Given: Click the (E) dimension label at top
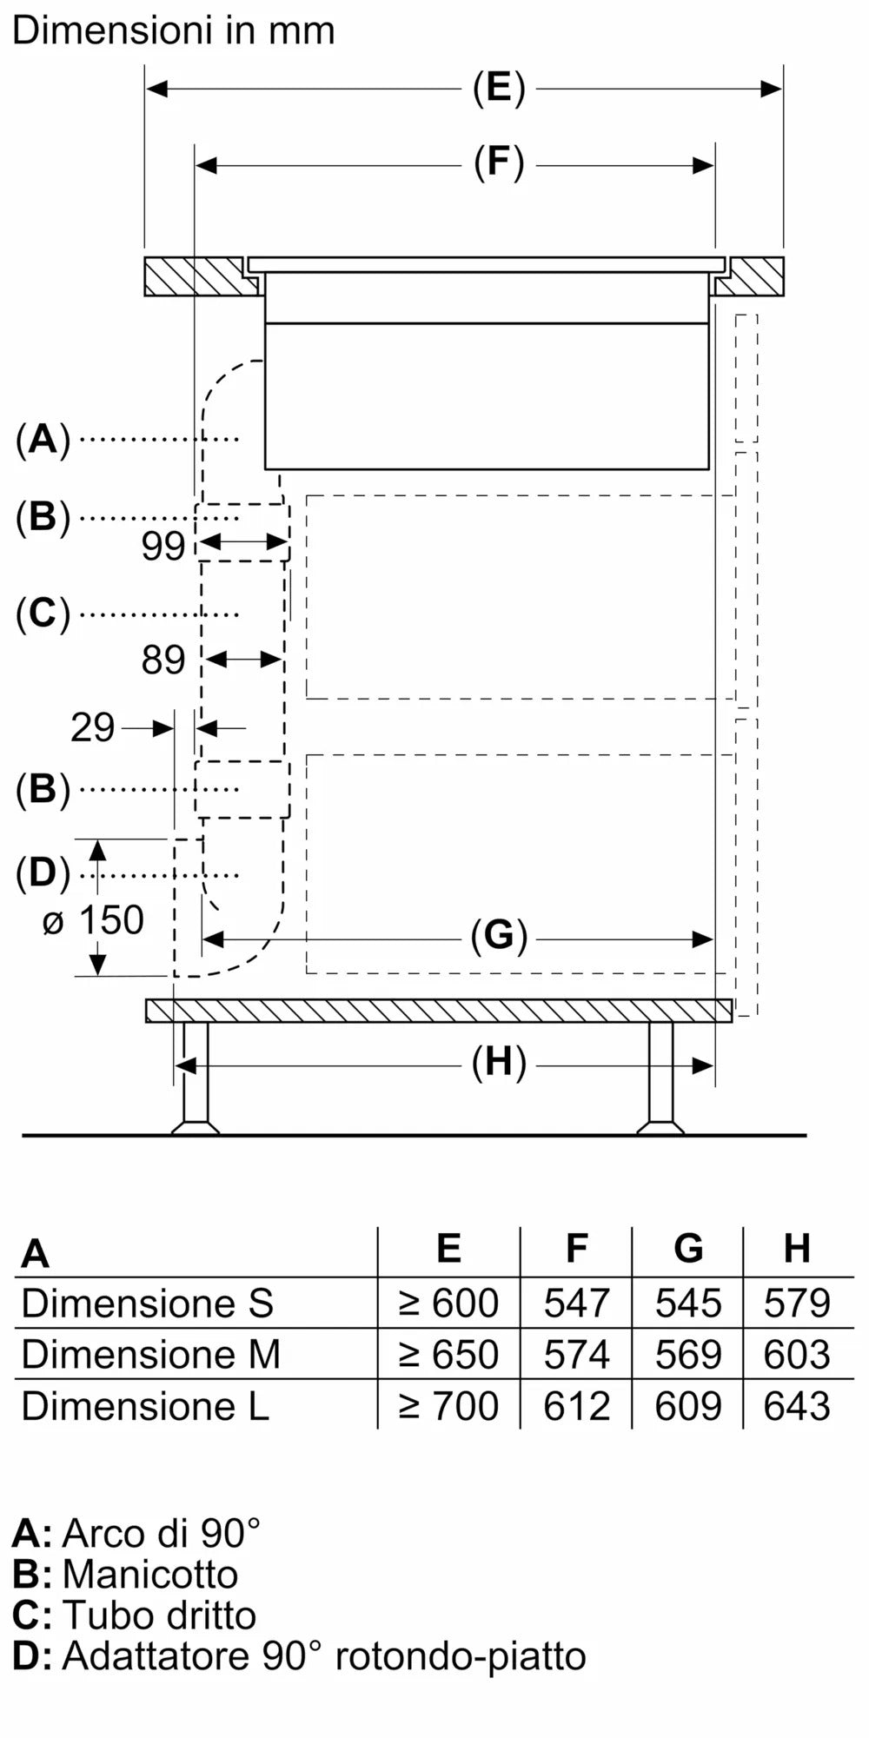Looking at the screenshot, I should click(x=499, y=89).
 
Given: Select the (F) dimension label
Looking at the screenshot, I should click(x=499, y=163).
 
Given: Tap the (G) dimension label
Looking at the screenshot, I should click(x=499, y=937).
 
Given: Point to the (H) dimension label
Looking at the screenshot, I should click(x=499, y=1063).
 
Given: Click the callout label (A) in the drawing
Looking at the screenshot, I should click(x=43, y=440).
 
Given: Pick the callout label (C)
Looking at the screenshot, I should click(x=43, y=614).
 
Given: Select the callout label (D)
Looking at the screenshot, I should click(x=43, y=873).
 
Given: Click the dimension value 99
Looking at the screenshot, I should click(x=163, y=546).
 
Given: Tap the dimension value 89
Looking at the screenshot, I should click(x=163, y=660).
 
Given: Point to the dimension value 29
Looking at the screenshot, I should click(x=92, y=727).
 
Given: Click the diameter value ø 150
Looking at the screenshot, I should click(x=93, y=920).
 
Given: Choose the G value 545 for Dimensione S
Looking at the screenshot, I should click(x=687, y=1303).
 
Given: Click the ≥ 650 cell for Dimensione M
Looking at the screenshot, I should click(x=448, y=1354).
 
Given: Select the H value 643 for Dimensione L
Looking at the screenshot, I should click(x=796, y=1405).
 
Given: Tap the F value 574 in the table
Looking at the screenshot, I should click(x=576, y=1354).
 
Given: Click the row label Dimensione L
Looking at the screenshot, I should click(x=145, y=1405).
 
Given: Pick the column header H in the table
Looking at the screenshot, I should click(x=797, y=1248).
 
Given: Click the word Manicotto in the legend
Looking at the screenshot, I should click(x=149, y=1574).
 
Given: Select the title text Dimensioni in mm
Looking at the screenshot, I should click(x=174, y=31).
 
